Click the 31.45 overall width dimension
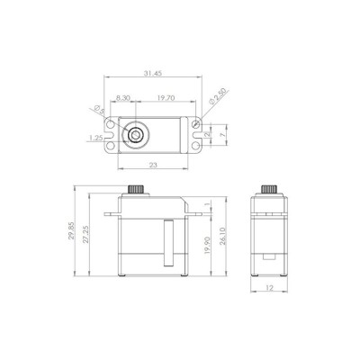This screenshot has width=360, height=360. click(x=156, y=72)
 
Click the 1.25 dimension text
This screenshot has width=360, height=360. click(x=95, y=138)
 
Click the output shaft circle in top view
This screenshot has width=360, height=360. click(x=132, y=133)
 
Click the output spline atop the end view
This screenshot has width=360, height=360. click(x=269, y=191)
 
